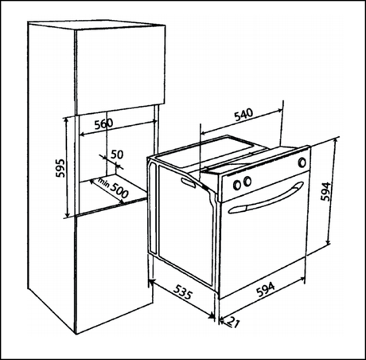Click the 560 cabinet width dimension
tap(103, 123)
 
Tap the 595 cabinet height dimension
tap(60, 168)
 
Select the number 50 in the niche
tap(117, 155)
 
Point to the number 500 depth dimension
tap(119, 190)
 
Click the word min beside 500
tap(103, 182)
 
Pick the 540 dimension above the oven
tap(243, 115)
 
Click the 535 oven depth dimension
tap(182, 292)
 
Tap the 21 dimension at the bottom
tap(233, 323)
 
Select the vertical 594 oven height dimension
tap(325, 191)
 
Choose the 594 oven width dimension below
tap(266, 289)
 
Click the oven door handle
tap(265, 198)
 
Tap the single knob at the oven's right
tap(302, 162)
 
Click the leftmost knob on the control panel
tap(237, 185)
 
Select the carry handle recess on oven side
tap(189, 182)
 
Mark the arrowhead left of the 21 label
tap(222, 321)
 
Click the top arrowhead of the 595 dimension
tap(67, 121)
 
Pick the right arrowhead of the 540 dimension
tap(279, 110)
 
